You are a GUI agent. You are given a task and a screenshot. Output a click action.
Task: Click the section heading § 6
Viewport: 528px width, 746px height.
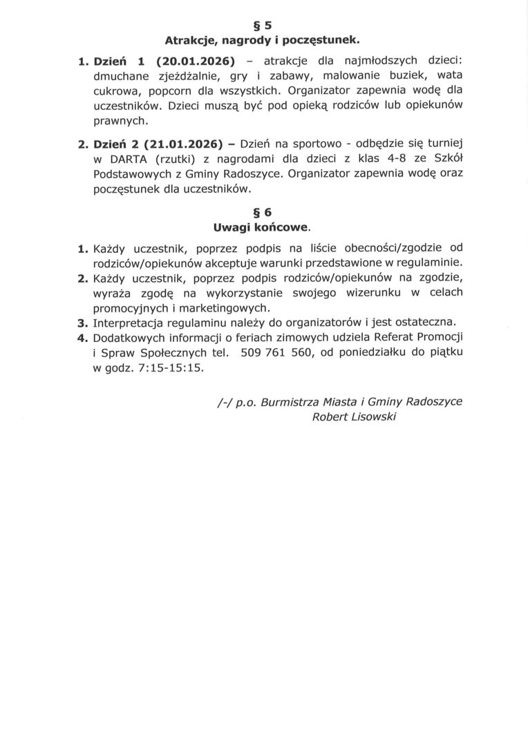coord(263,212)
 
